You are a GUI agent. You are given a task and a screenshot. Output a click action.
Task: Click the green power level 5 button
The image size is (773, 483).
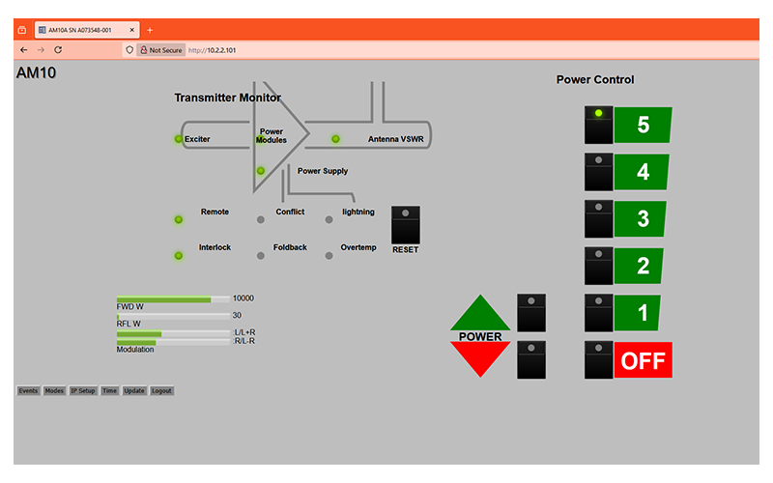643,125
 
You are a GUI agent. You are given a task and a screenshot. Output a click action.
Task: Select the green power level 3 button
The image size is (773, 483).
643,218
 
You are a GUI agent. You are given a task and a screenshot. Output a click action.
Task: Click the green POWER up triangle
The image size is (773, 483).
480,315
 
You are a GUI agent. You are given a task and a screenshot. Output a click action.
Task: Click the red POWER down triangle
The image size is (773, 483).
480,357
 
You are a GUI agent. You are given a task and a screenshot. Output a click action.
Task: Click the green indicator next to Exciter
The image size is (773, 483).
178,139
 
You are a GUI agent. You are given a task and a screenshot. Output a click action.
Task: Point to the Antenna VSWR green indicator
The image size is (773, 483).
335,139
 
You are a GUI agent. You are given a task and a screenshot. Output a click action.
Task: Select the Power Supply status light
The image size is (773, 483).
260,171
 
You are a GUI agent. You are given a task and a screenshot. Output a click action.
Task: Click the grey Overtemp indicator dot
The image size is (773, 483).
329,255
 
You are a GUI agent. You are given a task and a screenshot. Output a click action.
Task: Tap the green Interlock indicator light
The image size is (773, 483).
178,256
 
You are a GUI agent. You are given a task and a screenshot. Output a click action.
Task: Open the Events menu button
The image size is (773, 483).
28,391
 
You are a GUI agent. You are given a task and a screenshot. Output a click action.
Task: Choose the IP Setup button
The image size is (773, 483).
83,391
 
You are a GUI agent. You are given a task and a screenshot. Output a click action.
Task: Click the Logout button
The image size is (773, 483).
161,391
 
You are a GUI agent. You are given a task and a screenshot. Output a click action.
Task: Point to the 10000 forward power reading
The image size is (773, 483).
243,298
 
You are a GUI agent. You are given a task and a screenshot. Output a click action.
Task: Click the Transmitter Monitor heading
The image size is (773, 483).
227,98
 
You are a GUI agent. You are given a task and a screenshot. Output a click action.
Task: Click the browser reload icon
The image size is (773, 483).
58,49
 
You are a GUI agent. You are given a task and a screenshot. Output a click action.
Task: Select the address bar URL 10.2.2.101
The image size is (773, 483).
212,49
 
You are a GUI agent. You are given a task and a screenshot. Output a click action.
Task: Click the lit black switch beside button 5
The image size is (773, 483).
598,125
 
